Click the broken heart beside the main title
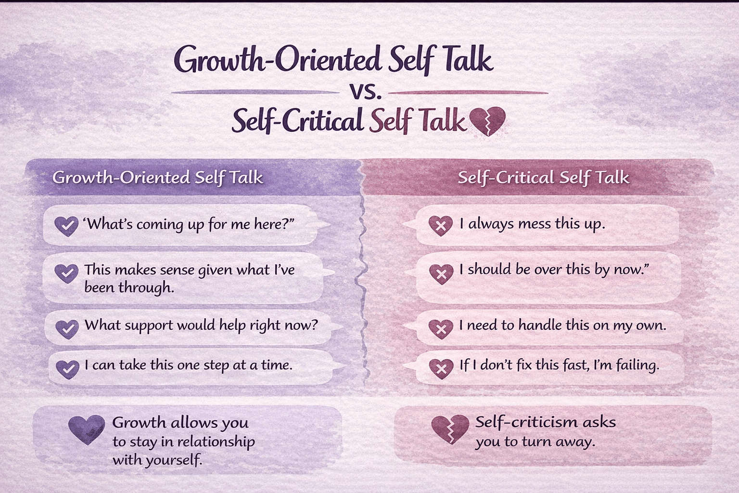[487, 121]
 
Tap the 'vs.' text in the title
[367, 91]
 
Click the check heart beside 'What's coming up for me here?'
[66, 225]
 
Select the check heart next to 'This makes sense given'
[66, 273]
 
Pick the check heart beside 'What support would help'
[67, 329]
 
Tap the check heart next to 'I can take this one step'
[67, 369]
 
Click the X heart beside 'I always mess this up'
[440, 225]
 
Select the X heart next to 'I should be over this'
[441, 273]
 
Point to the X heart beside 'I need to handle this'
[441, 329]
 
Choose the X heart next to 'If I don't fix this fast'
[441, 369]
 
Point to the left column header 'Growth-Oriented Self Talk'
[158, 178]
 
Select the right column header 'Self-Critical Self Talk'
[543, 178]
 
